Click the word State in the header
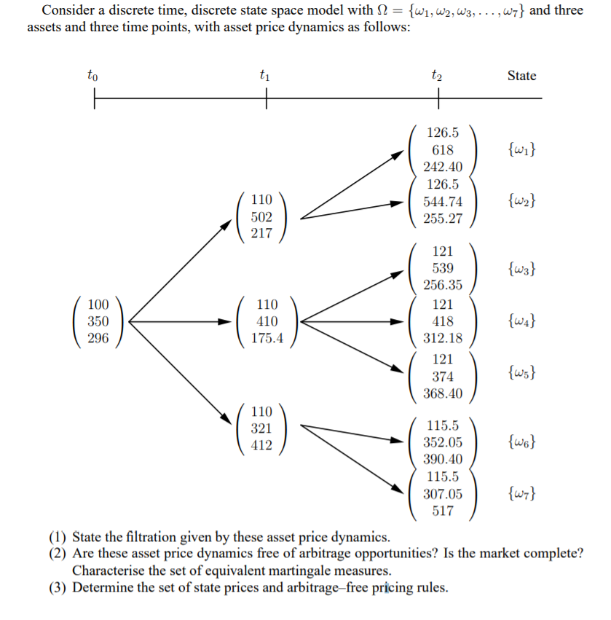tap(521, 75)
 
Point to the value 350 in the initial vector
tap(98, 321)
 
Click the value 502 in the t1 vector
tap(261, 216)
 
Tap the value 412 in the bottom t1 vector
tap(261, 444)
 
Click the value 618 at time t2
tap(443, 150)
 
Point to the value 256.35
tap(443, 284)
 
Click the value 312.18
tap(443, 338)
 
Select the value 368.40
tap(443, 393)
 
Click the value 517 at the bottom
tap(443, 511)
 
